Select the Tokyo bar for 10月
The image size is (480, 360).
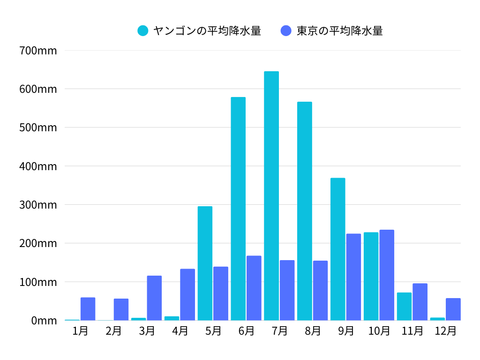tap(387, 275)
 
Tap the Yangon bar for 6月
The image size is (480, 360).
tap(238, 209)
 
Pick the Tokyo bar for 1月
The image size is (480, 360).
tap(88, 309)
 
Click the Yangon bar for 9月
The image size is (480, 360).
tap(337, 249)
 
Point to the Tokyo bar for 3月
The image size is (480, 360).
tap(154, 298)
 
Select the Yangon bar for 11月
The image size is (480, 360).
tap(404, 307)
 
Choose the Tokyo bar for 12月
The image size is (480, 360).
tap(453, 309)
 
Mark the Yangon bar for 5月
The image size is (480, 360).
tap(205, 263)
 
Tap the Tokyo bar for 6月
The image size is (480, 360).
tap(254, 288)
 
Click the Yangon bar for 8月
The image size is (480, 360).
tap(304, 211)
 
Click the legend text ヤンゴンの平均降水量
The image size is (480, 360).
tap(207, 31)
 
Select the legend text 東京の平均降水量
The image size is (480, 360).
tap(340, 31)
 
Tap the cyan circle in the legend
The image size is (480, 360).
tap(143, 31)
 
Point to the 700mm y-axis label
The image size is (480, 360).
tap(38, 50)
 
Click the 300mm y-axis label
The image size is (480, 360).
tap(38, 205)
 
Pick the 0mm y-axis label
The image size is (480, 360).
tap(44, 321)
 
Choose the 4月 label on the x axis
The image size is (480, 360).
tap(180, 331)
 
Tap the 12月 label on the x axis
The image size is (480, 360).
tap(445, 331)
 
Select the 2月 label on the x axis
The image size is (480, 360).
tap(113, 331)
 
